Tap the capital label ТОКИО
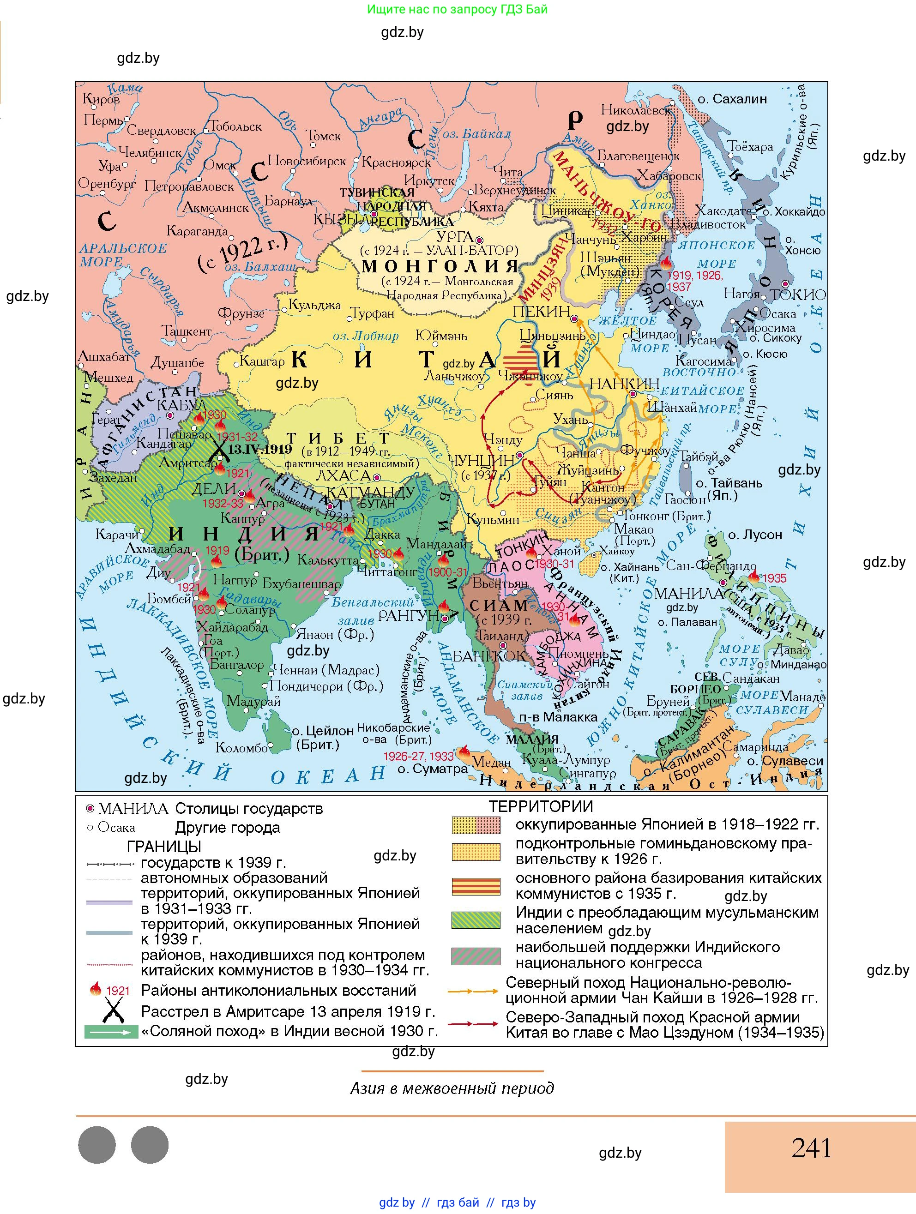coord(797,294)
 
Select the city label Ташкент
coord(186,331)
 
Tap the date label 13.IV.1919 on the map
coord(259,449)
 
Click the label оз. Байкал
coord(476,134)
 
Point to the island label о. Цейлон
coord(322,731)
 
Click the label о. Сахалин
coord(732,99)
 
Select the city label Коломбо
coord(241,747)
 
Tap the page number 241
coord(811,1148)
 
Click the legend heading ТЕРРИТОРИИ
coord(541,806)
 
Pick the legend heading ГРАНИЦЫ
coord(163,846)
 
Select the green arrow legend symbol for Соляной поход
coord(111,1032)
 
